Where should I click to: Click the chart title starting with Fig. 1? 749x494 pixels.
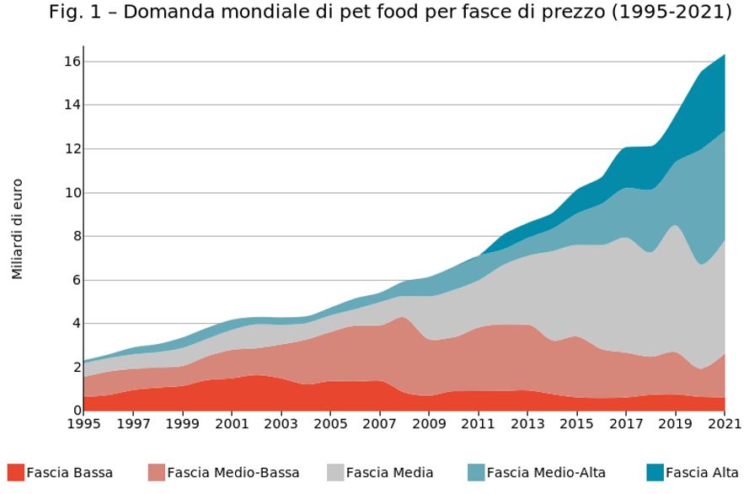coord(389,13)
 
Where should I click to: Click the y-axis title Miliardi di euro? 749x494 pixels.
coord(18,228)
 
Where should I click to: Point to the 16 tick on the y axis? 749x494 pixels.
coord(71,62)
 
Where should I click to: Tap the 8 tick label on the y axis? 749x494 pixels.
coord(74,236)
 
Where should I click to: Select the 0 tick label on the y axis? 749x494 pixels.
coord(74,411)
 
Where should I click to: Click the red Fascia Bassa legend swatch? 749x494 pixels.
coord(15,473)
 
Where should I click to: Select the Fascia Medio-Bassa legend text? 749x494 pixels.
coord(233,473)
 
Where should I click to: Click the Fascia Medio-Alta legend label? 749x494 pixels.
coord(546,473)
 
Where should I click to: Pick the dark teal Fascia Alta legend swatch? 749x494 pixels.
coord(655,473)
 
